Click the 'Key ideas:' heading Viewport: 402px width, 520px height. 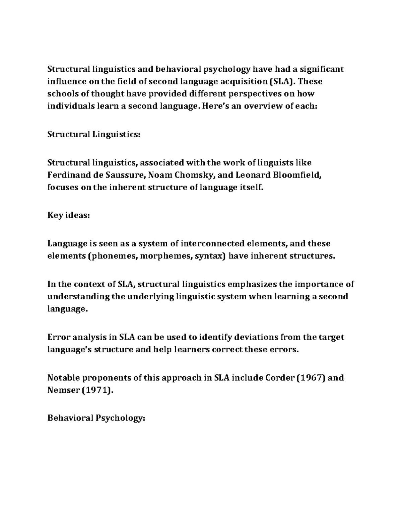(69, 216)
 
